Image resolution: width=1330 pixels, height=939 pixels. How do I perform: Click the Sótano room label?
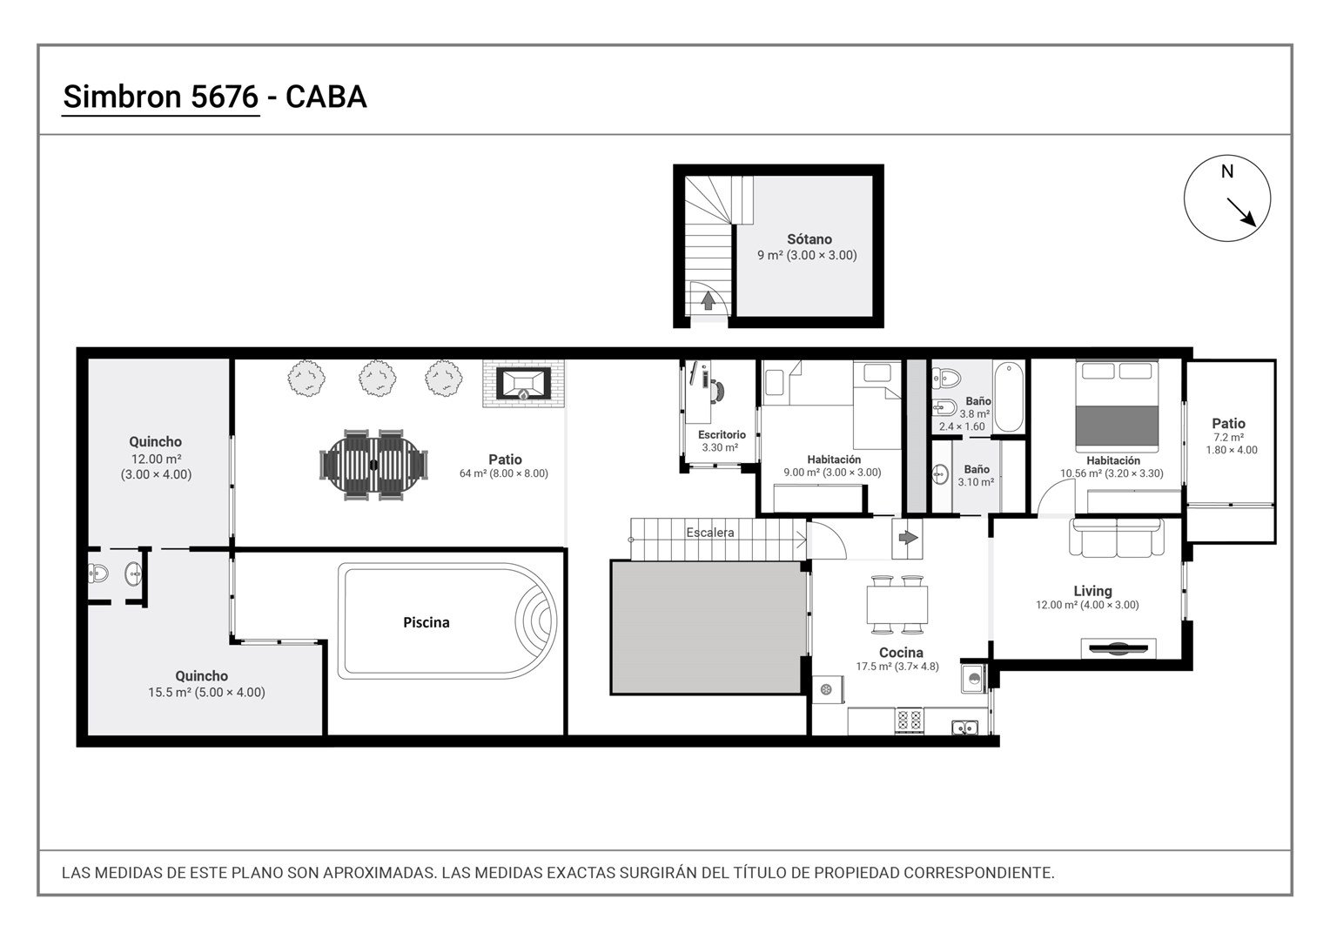click(809, 239)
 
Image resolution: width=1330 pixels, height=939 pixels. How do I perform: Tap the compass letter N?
click(1226, 171)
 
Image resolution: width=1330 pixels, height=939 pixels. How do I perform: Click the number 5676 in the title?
click(225, 97)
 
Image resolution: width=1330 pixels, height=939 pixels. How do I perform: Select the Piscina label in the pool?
click(427, 622)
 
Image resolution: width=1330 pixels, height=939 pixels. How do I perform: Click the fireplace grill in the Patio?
click(523, 384)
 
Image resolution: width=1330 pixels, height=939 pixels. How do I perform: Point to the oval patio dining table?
click(373, 465)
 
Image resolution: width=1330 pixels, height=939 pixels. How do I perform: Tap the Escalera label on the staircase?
click(710, 533)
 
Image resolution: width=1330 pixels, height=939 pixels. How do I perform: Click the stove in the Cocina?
click(909, 721)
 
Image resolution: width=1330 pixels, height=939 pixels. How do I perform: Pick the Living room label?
click(1092, 591)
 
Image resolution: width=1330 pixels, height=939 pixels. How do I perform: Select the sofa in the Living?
click(1117, 537)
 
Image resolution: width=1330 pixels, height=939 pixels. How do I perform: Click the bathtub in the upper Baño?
click(1009, 397)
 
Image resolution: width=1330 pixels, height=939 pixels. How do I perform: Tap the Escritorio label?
click(722, 434)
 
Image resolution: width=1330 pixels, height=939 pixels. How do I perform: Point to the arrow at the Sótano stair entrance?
click(708, 301)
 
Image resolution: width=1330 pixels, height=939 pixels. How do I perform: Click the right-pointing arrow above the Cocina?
click(908, 538)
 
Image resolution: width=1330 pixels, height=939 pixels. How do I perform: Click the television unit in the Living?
click(1118, 648)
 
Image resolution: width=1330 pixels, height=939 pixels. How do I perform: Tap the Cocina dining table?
click(897, 604)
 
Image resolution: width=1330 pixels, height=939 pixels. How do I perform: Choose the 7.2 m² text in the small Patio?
click(1228, 438)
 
